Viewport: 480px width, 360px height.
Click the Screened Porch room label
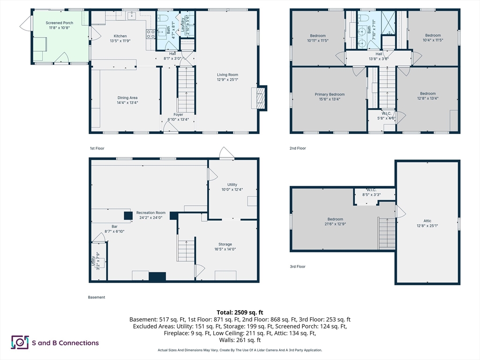click(60, 23)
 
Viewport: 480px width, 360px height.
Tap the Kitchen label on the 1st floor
click(120, 36)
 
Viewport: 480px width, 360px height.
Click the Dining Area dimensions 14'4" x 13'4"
click(127, 103)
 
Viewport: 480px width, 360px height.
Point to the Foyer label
click(178, 114)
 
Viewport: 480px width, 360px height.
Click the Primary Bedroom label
click(330, 94)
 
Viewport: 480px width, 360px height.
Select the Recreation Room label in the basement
click(151, 213)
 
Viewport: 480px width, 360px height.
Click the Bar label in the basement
click(114, 226)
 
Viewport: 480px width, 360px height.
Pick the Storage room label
click(225, 244)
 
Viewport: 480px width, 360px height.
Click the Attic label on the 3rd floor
click(427, 221)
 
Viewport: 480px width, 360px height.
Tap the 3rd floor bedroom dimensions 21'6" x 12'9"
click(335, 224)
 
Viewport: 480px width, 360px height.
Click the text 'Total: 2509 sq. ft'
click(240, 313)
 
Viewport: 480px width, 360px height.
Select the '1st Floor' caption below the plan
click(97, 149)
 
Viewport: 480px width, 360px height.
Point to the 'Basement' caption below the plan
click(97, 297)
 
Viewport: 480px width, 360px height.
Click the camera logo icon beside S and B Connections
click(20, 342)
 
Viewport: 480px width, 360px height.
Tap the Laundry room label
click(183, 24)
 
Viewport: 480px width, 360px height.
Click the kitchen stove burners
click(150, 34)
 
